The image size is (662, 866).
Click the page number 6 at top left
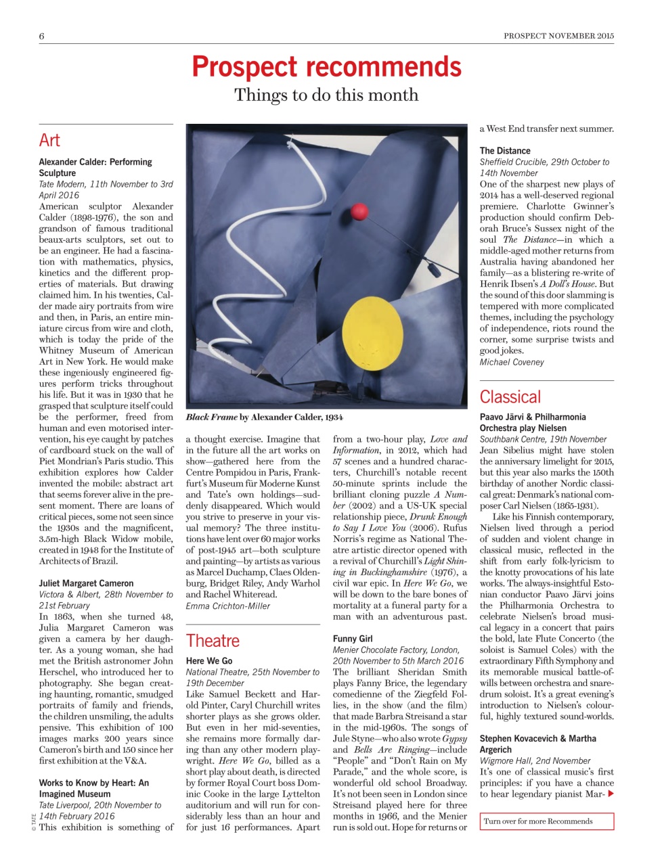coord(42,36)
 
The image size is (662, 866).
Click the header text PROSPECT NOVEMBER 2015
coord(558,36)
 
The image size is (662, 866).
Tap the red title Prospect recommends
coord(326,67)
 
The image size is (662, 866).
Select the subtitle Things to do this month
coord(326,95)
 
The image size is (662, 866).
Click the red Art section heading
coord(49,140)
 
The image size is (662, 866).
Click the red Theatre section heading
coord(213,641)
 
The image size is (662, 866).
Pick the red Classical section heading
coord(510,397)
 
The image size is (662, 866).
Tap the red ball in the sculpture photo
coord(358,212)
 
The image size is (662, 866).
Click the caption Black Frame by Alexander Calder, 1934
coord(264,417)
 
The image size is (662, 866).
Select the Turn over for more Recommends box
coord(547,821)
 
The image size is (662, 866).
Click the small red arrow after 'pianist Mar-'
coord(611,794)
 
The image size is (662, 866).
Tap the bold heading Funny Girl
coord(353,639)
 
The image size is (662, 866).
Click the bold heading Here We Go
coord(209,660)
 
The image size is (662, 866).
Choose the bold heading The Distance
coord(505,151)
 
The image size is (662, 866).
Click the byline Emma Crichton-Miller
coord(228,606)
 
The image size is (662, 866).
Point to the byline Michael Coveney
coord(512,362)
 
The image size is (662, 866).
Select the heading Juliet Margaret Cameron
coord(86,583)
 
